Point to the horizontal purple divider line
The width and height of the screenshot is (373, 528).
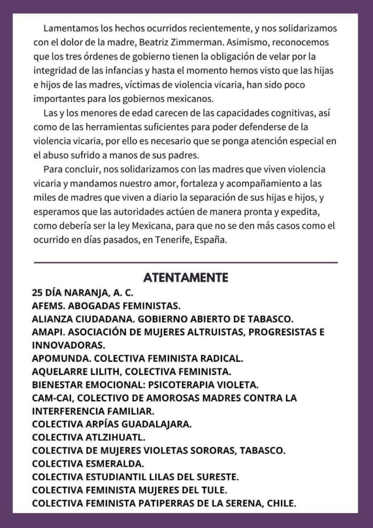(185, 262)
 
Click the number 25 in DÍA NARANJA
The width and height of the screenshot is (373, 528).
(38, 291)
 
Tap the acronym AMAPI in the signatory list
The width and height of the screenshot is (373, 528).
(45, 332)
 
